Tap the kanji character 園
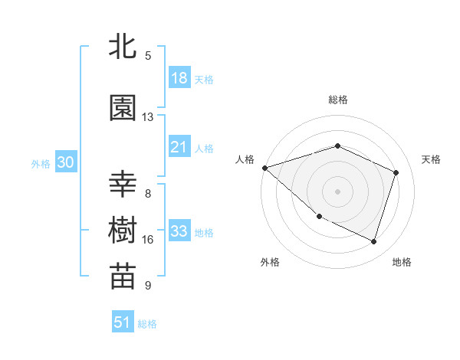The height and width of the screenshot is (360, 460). click(123, 108)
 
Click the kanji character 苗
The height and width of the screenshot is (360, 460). click(123, 277)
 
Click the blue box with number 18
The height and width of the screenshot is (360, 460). click(179, 78)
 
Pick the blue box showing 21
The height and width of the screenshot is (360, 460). click(179, 147)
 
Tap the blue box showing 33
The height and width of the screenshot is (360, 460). click(179, 232)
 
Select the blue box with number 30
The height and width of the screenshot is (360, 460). click(65, 162)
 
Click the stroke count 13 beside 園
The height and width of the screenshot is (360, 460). click(148, 117)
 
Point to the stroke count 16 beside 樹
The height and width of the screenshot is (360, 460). click(148, 240)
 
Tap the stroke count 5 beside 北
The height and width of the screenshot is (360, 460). click(148, 56)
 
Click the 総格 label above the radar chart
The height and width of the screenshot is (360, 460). click(337, 100)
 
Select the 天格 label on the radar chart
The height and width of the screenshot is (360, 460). click(432, 159)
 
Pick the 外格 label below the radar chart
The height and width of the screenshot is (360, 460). click(270, 262)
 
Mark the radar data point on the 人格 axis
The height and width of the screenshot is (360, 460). click(264, 168)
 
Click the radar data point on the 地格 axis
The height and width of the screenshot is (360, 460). click(373, 241)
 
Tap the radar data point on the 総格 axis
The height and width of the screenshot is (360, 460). click(337, 146)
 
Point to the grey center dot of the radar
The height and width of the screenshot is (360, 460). click(337, 191)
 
